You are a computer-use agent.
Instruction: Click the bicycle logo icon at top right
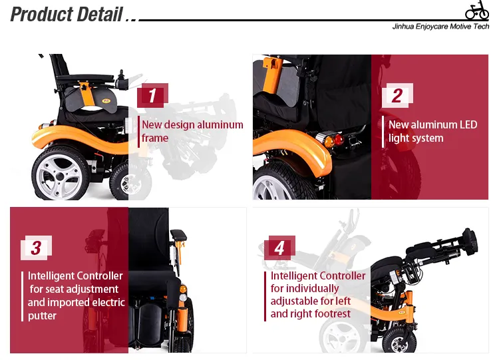click(476, 11)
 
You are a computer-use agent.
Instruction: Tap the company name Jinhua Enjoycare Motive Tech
click(441, 27)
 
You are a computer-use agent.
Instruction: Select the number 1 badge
click(152, 96)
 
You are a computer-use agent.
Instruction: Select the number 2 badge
click(397, 96)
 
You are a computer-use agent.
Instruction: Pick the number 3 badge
click(36, 248)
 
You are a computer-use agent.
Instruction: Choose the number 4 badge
click(279, 248)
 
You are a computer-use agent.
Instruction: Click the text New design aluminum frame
click(192, 131)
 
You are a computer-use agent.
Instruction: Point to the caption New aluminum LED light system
click(432, 131)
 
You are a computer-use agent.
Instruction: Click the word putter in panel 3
click(43, 315)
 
